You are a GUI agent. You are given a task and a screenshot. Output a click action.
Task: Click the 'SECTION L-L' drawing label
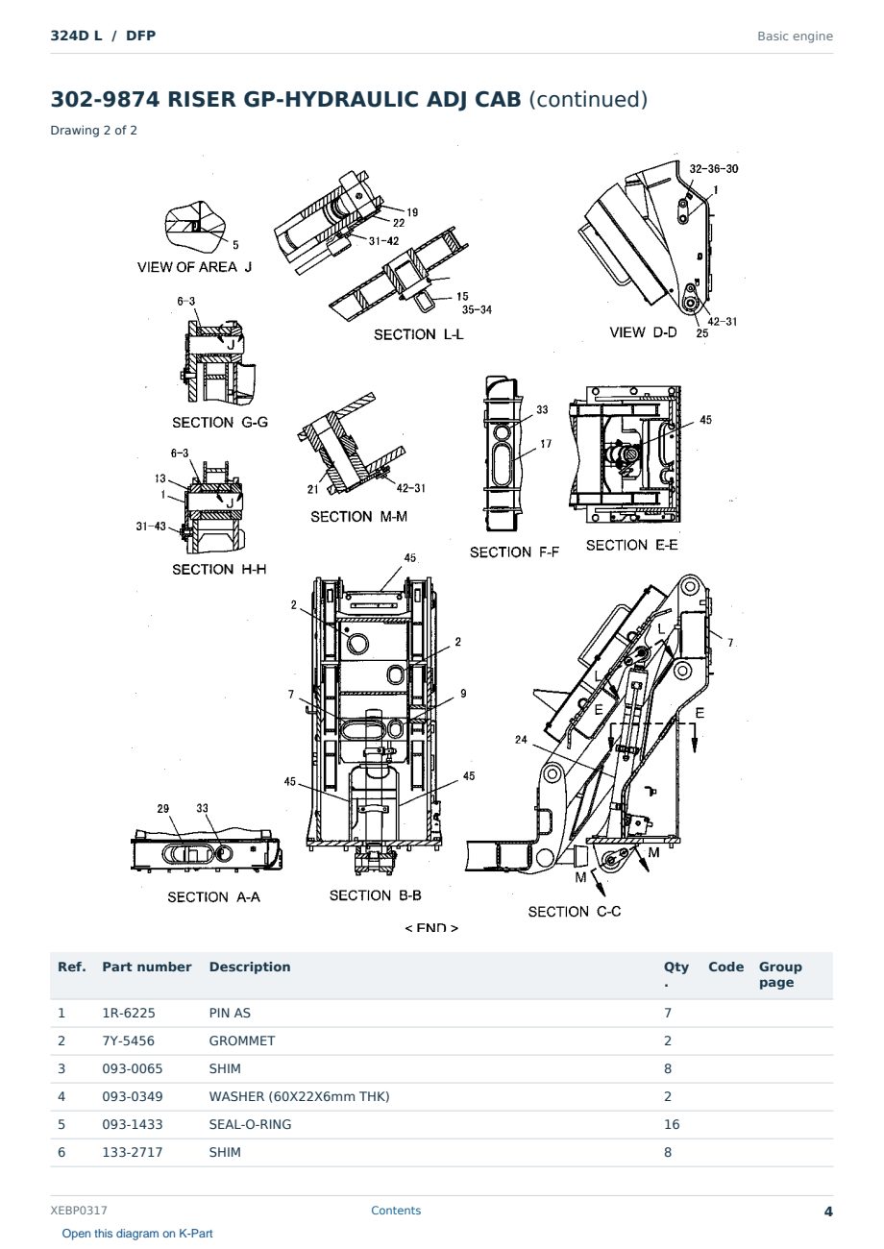[x=418, y=334]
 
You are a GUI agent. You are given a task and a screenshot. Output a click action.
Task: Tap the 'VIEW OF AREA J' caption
[x=195, y=267]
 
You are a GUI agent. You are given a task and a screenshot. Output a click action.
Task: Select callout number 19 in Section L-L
[x=412, y=212]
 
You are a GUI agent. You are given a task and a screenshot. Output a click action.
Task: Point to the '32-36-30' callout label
[x=714, y=169]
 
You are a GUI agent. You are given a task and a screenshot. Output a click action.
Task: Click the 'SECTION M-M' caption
[x=358, y=517]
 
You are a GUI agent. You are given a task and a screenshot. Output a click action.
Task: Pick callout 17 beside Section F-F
[x=546, y=444]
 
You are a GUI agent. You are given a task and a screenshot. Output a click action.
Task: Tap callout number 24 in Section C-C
[x=521, y=740]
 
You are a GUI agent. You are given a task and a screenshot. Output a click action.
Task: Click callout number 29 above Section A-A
[x=162, y=809]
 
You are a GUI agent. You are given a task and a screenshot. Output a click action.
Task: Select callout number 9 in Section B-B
[x=463, y=694]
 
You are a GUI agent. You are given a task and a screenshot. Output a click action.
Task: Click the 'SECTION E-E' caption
[x=632, y=546]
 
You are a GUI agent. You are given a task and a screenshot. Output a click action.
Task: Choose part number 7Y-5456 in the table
[x=129, y=1041]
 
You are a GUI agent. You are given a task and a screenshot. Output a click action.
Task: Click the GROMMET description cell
[x=242, y=1041]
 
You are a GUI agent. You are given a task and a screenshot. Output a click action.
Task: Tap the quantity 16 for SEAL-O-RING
[x=672, y=1125]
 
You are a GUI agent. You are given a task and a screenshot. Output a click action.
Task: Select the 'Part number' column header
[x=147, y=967]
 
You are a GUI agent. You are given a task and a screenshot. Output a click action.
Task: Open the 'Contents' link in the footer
[x=396, y=1211]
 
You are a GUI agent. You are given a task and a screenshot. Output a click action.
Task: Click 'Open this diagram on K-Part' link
[x=137, y=1234]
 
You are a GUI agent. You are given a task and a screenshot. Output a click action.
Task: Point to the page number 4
[x=828, y=1212]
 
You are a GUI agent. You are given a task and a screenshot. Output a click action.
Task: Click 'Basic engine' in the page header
[x=795, y=37]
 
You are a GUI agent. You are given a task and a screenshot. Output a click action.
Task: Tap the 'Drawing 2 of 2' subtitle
[x=94, y=131]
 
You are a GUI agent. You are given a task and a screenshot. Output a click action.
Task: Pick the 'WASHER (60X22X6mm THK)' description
[x=299, y=1097]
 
